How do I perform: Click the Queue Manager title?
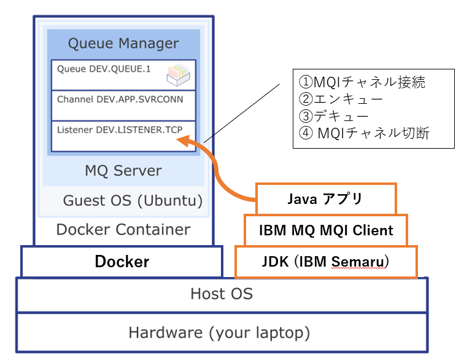pos(123,44)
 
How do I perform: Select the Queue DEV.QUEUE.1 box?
pos(123,74)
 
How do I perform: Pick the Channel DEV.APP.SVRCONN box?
pos(123,105)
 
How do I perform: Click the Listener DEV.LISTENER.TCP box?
pos(123,136)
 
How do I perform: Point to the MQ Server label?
pos(123,170)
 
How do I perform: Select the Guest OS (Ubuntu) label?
pos(133,201)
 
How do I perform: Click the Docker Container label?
pos(123,230)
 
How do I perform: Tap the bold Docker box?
pos(122,262)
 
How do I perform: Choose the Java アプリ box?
pos(325,198)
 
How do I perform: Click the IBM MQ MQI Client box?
pos(325,230)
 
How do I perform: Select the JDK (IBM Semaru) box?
pos(326,262)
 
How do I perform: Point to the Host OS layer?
pos(222,294)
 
